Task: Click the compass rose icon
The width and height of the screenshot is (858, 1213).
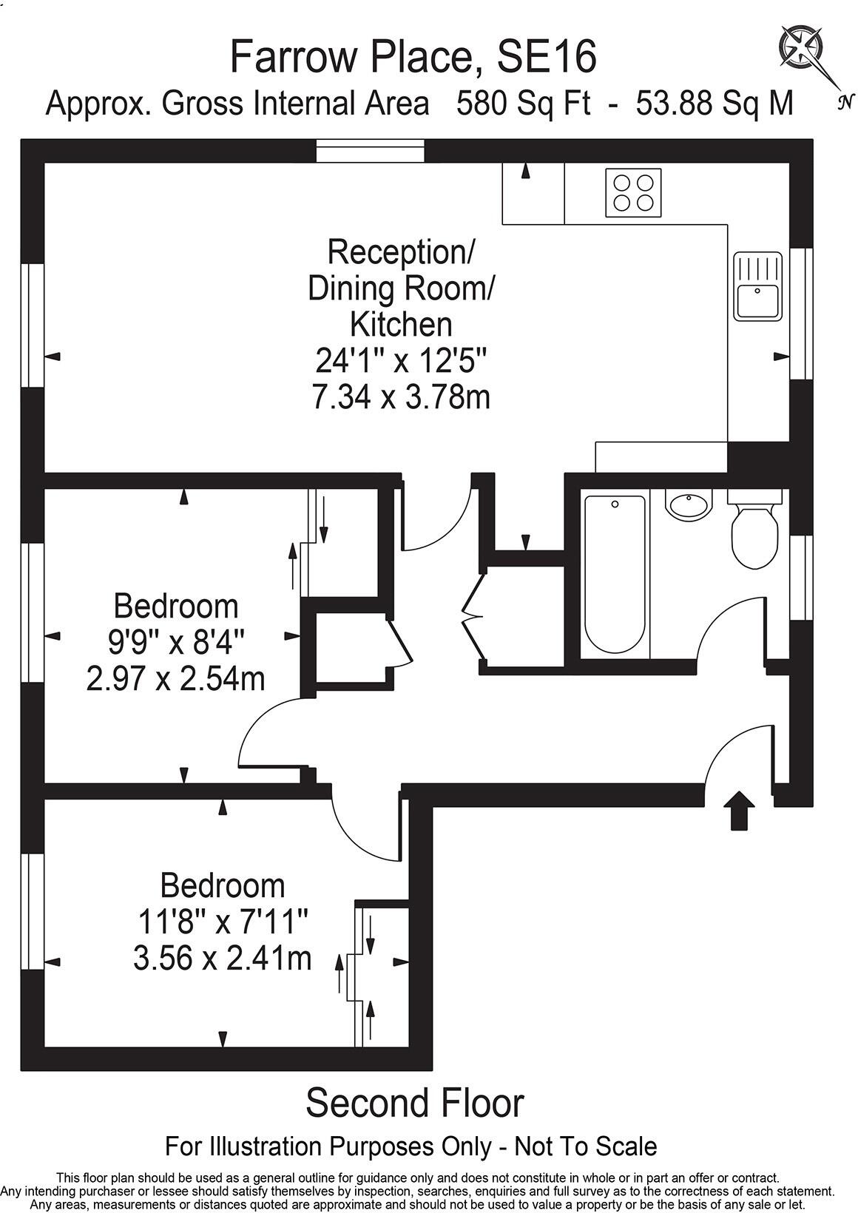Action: point(803,47)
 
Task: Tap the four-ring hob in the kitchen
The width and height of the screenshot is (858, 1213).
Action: point(633,193)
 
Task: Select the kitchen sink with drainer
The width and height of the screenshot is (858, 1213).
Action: point(757,286)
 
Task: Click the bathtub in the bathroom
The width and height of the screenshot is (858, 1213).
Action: point(614,573)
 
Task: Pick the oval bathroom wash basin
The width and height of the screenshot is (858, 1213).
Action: point(689,505)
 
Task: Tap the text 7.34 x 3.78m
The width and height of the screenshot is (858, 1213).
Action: point(400,398)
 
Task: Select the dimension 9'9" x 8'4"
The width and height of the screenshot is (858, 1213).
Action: point(176,642)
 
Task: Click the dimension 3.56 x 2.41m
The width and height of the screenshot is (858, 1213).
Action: point(222,959)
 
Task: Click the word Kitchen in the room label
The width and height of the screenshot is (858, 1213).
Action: point(400,324)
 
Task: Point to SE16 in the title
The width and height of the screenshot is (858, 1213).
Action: point(546,57)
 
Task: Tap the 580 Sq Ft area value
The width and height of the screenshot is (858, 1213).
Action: point(523,104)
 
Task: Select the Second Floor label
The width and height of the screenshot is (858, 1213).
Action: point(414,1103)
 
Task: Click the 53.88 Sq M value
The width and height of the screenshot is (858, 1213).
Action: point(715,104)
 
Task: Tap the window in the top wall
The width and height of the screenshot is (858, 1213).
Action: point(371,151)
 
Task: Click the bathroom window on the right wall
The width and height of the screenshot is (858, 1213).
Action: point(801,578)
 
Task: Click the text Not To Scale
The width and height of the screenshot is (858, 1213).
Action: point(585,1147)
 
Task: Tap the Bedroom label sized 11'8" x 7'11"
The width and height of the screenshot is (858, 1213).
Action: point(222,885)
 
